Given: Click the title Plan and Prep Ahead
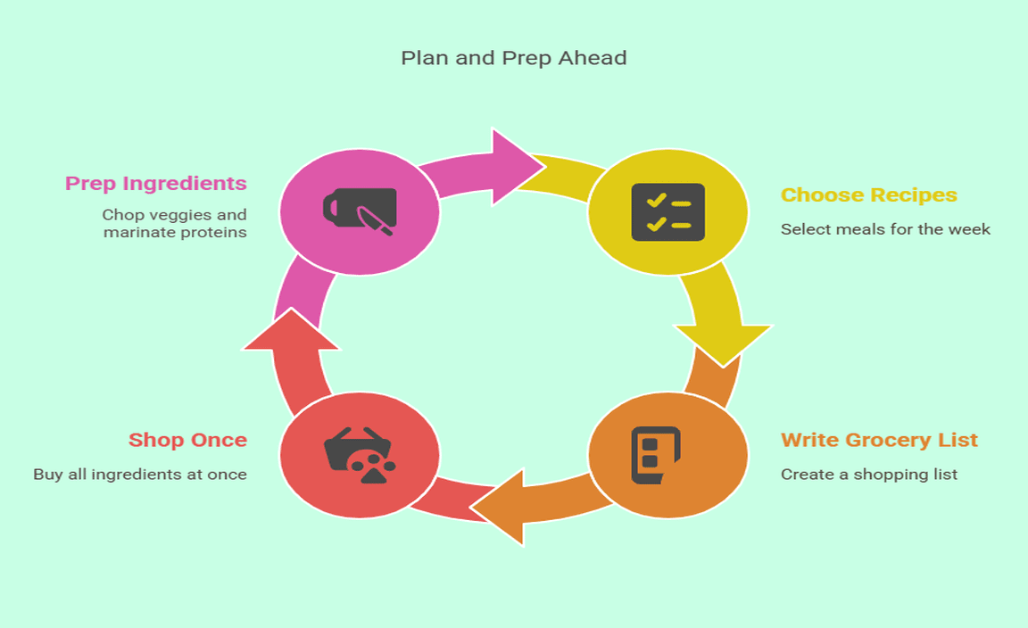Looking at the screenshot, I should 513,58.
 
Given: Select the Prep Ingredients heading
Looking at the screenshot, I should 156,184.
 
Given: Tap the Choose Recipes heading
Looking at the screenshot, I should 868,195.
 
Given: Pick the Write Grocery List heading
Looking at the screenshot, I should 879,440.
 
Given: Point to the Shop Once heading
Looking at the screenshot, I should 187,440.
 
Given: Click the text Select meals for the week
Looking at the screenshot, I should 885,229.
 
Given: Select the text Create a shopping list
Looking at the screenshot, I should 868,474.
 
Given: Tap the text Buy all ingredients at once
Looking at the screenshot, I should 140,474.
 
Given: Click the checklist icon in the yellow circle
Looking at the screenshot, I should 667,212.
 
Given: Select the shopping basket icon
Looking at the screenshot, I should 360,455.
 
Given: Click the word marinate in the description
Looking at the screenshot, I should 134,233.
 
